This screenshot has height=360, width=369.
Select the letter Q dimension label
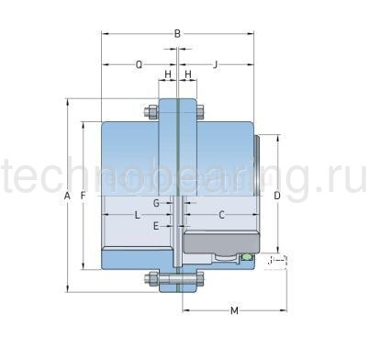click(x=138, y=64)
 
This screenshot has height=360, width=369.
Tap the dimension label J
click(x=215, y=64)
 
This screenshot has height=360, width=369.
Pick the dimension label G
click(x=156, y=201)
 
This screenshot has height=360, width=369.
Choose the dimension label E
click(x=156, y=225)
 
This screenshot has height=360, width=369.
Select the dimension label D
click(x=276, y=196)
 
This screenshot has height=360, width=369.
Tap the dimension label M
click(x=233, y=310)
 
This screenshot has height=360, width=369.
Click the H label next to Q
click(x=167, y=73)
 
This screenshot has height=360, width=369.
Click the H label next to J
click(x=187, y=73)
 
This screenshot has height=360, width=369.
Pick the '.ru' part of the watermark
click(x=343, y=182)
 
